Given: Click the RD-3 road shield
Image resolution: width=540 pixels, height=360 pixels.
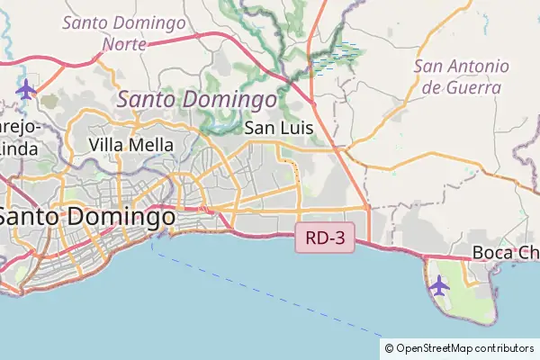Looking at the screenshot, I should (x=325, y=239).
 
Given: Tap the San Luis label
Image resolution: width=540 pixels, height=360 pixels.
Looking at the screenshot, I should (x=279, y=129).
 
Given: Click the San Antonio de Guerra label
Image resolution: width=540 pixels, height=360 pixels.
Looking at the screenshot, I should (x=461, y=77).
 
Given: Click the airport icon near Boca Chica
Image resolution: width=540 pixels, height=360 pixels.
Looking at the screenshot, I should (x=439, y=285).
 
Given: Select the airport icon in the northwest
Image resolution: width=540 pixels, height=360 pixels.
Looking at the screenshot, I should (x=26, y=89).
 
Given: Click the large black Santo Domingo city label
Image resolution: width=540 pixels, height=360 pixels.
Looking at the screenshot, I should (x=87, y=217).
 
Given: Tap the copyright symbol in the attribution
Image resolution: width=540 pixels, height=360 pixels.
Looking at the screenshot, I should (x=389, y=348).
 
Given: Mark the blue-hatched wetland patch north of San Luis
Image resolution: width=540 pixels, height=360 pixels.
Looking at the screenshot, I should (x=337, y=58).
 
